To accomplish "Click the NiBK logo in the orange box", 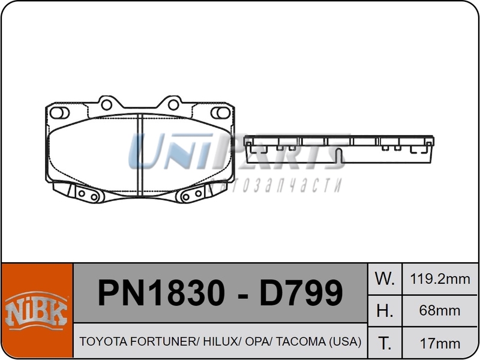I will point(37,311).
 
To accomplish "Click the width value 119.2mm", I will point(440,278).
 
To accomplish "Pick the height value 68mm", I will point(440,311).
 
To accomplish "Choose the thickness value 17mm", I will point(440,343).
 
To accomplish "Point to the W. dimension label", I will point(384,278).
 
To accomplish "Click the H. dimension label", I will point(384,311).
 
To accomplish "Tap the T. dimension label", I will point(384,343).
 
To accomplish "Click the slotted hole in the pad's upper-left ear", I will point(58,113).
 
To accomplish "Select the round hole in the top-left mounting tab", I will point(107,104).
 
